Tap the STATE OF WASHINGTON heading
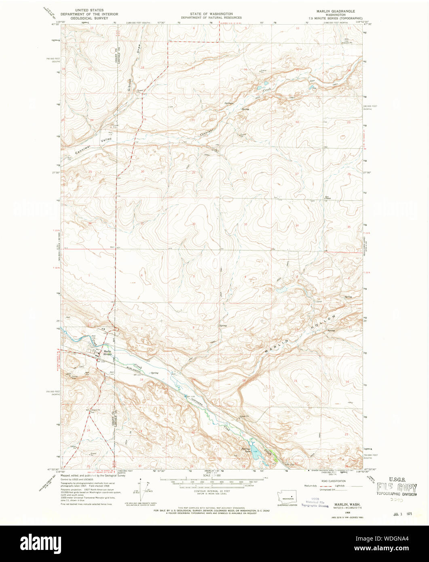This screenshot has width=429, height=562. [x=211, y=14]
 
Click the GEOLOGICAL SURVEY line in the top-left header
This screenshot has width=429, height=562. [x=89, y=18]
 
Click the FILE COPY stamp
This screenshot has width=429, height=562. [x=396, y=487]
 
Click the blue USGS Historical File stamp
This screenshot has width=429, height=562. [x=315, y=502]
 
